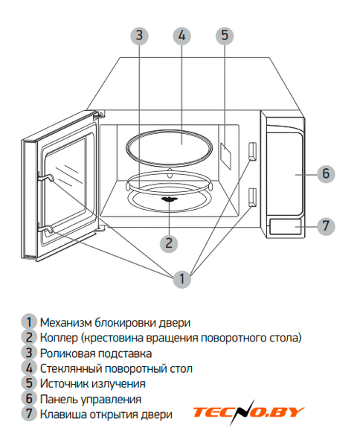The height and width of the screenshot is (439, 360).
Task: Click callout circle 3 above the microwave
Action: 139,36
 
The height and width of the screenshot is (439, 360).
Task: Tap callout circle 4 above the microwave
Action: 182,36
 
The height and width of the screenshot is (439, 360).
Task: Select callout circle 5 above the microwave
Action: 225,36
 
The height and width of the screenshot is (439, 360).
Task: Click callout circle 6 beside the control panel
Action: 326,174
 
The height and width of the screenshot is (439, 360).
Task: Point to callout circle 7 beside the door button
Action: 326,226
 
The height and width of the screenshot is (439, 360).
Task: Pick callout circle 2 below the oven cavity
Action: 169,243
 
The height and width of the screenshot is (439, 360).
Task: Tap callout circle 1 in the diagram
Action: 182,279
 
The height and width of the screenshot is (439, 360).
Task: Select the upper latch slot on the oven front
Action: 252,151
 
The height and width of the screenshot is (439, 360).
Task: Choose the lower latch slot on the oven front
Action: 252,197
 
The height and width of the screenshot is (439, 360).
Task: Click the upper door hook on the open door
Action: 45,178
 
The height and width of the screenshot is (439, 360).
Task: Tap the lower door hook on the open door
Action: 45,229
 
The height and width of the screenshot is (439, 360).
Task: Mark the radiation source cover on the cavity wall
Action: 226,156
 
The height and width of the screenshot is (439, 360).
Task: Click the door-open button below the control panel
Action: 286,226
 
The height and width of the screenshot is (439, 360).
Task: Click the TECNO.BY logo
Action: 248,412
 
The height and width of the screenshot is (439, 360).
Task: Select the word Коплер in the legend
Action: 59,338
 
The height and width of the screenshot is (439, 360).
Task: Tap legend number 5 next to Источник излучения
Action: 29,383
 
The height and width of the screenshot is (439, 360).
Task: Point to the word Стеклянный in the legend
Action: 71,368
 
